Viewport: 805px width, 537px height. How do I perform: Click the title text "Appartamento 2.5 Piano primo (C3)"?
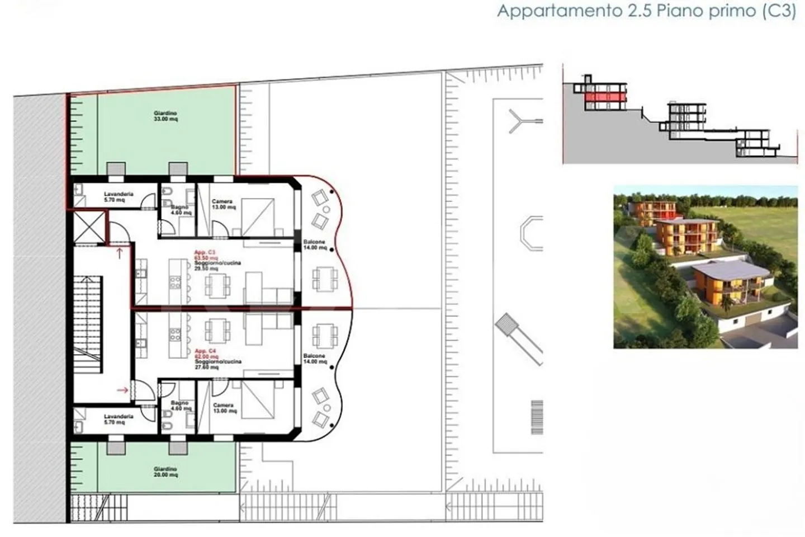click(x=646, y=11)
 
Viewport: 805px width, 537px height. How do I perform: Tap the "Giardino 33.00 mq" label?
click(x=165, y=116)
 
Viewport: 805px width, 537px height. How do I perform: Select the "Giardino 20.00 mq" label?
click(x=165, y=472)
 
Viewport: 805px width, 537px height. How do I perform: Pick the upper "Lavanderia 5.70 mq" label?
click(x=119, y=197)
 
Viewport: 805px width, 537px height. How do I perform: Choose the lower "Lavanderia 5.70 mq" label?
click(x=119, y=420)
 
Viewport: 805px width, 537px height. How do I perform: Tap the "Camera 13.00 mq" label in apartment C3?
click(x=223, y=204)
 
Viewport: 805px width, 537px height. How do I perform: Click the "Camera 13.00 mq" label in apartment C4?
click(x=224, y=408)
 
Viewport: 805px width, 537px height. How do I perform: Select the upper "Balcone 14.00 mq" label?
click(x=315, y=245)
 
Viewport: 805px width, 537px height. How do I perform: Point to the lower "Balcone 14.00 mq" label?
click(x=315, y=359)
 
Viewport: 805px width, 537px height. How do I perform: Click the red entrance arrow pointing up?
click(x=119, y=253)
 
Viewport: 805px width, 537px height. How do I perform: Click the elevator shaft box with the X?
click(x=88, y=228)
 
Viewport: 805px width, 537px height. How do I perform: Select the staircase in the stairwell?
click(x=88, y=324)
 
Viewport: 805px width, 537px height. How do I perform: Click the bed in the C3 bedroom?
click(x=258, y=217)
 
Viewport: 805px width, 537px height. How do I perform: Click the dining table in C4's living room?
click(x=217, y=330)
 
